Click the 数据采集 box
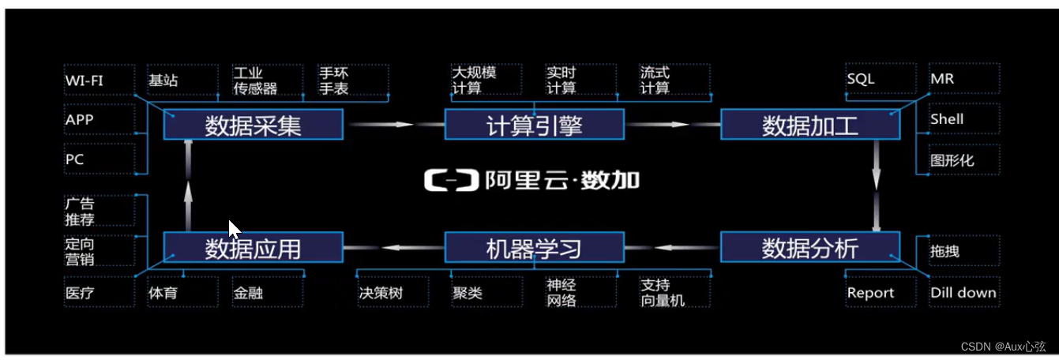(x=253, y=125)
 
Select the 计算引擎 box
(x=534, y=125)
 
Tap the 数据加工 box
(x=809, y=125)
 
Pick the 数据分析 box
(x=809, y=248)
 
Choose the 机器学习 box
(x=534, y=248)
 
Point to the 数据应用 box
(x=253, y=248)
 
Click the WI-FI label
(x=84, y=80)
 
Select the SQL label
(x=861, y=80)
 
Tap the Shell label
(x=947, y=119)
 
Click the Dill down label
(x=963, y=293)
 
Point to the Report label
(x=870, y=293)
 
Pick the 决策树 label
(x=381, y=293)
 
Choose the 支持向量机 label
(x=663, y=293)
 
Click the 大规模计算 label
(x=474, y=80)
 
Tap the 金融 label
(x=247, y=293)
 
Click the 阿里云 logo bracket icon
(x=451, y=181)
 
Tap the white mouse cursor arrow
(x=234, y=229)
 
